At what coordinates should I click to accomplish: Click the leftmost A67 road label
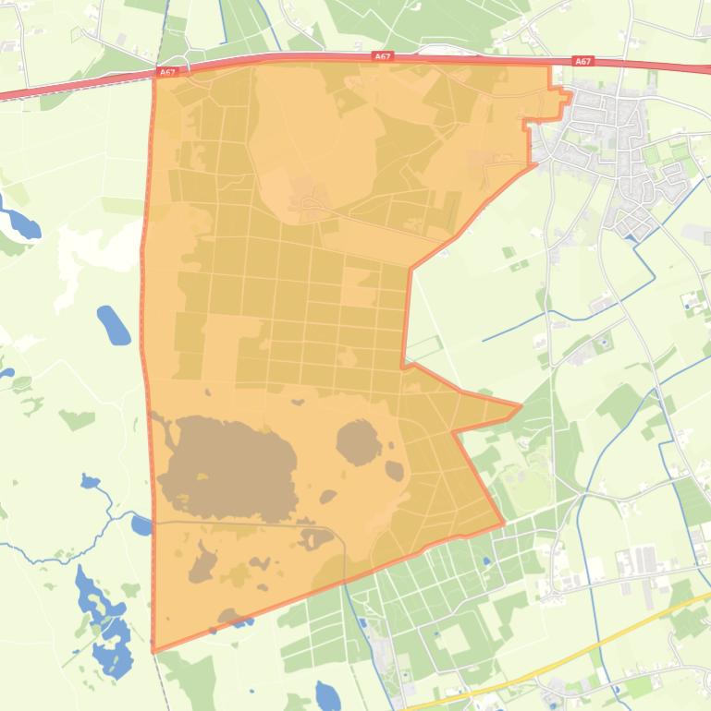point(166,71)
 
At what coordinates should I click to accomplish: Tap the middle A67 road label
point(383,56)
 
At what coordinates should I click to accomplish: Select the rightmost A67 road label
point(582,61)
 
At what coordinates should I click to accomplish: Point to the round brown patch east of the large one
point(359,441)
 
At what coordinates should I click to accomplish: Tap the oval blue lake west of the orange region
point(114,325)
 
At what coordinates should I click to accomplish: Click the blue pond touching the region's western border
point(141,525)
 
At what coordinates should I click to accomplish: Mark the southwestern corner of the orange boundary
point(153,651)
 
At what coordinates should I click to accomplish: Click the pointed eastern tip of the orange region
point(520,405)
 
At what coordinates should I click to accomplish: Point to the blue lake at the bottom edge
point(328,694)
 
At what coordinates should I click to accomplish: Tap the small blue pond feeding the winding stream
point(90,481)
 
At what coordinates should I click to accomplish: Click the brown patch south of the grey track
point(202,563)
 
